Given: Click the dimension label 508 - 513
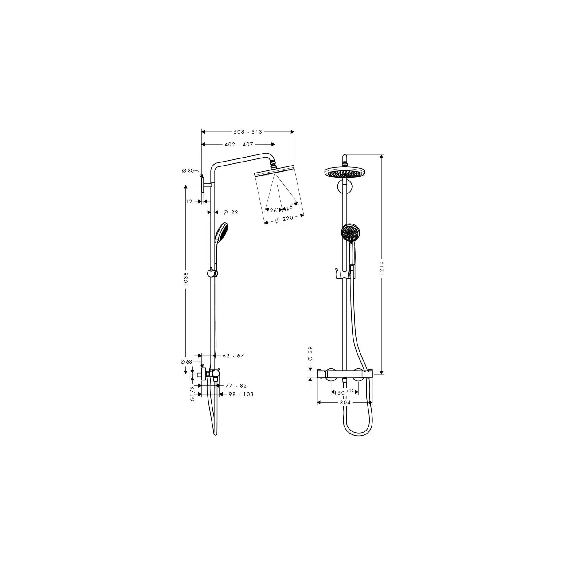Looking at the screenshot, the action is click(x=248, y=132).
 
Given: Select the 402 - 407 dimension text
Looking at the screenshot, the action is click(x=239, y=144).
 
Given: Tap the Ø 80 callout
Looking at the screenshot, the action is click(x=188, y=171).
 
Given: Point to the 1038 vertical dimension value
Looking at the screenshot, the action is click(x=186, y=279).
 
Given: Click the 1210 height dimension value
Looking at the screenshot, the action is click(x=382, y=268).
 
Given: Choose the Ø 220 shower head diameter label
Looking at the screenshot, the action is click(x=284, y=219).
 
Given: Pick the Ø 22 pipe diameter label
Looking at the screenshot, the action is click(x=231, y=212).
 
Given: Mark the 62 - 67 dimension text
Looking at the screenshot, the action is click(x=233, y=356).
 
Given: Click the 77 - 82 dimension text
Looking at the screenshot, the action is click(x=236, y=385).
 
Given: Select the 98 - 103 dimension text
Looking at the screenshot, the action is click(x=241, y=394).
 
